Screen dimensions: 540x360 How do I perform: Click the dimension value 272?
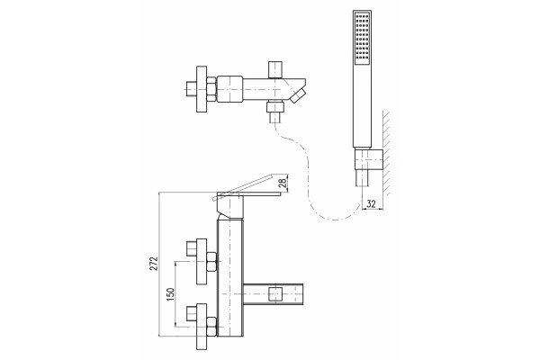click(154, 264)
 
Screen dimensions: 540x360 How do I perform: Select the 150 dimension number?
click(170, 294)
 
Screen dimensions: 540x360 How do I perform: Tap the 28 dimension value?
click(283, 183)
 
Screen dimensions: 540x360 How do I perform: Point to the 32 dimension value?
click(371, 203)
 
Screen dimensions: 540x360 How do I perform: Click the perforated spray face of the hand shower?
click(363, 39)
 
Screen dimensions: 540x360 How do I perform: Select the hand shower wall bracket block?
click(368, 159)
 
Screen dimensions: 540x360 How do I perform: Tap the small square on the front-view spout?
click(275, 294)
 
